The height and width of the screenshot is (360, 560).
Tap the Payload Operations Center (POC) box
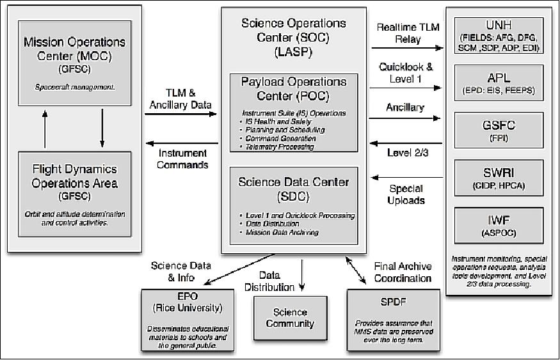click(294, 113)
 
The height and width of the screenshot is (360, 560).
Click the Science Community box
click(291, 318)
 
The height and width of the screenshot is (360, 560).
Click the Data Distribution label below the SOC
click(269, 282)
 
